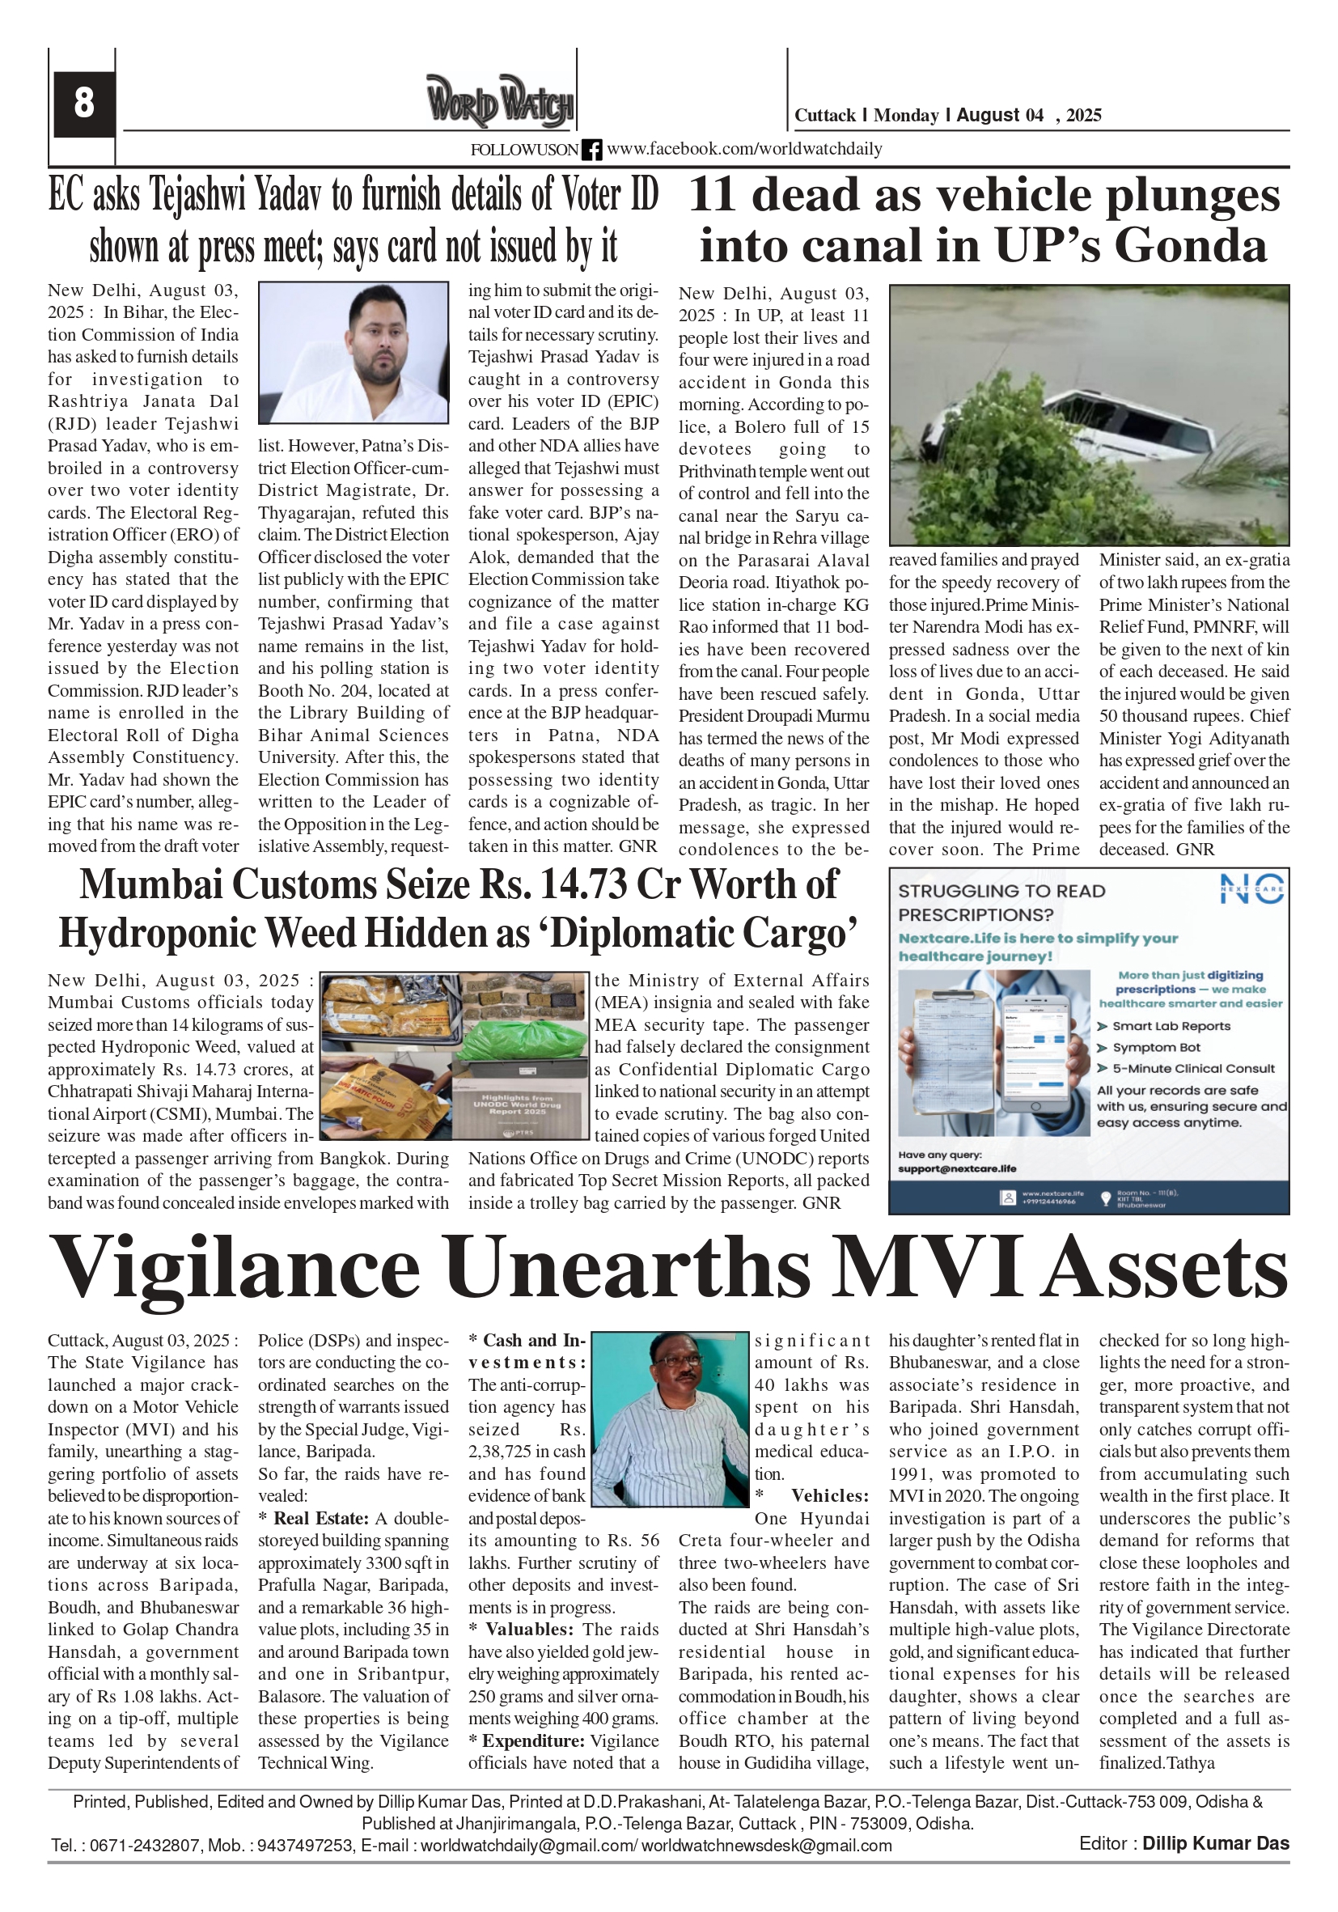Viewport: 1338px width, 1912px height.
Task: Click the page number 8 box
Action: (x=83, y=104)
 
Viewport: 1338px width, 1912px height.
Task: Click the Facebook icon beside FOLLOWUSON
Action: (x=591, y=150)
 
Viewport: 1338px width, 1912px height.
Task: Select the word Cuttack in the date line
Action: (x=824, y=116)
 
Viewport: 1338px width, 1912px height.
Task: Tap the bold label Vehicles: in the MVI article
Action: (x=829, y=1495)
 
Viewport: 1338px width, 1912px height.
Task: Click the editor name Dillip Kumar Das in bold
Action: (x=1215, y=1844)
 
